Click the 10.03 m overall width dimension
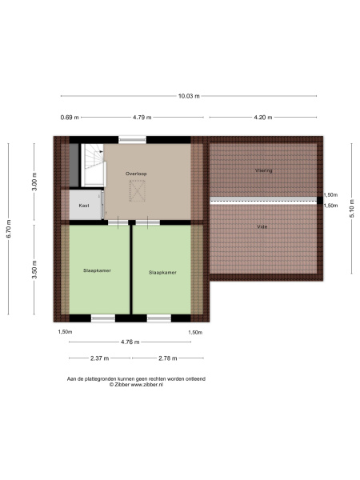tap(189, 96)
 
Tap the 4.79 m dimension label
tap(142, 118)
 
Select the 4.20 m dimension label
tap(263, 118)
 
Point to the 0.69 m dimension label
tap(70, 118)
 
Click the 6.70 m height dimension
tap(9, 229)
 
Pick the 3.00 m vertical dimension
tap(34, 182)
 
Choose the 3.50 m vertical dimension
tap(34, 270)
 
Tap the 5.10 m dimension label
tap(352, 208)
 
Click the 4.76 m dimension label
tap(130, 342)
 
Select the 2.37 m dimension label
tap(99, 358)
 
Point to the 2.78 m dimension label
tap(168, 358)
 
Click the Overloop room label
tap(136, 174)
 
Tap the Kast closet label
tap(84, 206)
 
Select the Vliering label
tap(263, 170)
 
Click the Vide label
tap(262, 227)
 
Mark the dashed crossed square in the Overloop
tap(137, 190)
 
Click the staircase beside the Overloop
tap(94, 165)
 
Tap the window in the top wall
tap(132, 140)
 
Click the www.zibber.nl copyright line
tap(136, 385)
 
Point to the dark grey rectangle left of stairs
tap(74, 165)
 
